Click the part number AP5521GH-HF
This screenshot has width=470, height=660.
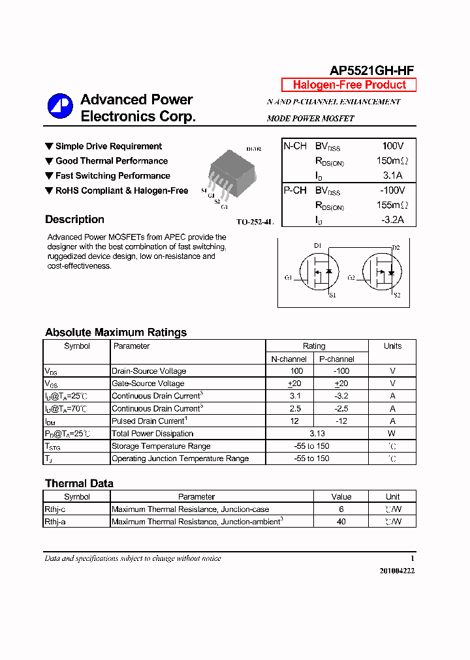click(371, 71)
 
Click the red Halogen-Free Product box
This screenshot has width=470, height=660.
click(349, 85)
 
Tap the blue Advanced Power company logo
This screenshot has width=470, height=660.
click(60, 107)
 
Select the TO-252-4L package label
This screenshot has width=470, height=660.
click(255, 222)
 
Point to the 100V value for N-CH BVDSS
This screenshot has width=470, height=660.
click(392, 146)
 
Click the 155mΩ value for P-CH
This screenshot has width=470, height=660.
click(392, 205)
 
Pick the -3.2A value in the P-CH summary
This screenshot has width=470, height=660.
click(392, 220)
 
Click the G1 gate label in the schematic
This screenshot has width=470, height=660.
click(288, 278)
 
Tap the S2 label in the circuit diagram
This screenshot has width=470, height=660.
click(396, 295)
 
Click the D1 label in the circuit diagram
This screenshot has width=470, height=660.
click(318, 246)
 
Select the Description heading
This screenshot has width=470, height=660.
click(74, 220)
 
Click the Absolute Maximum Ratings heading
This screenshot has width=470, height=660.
click(116, 333)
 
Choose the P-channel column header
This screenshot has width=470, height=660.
click(337, 359)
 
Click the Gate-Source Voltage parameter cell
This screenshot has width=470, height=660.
click(148, 383)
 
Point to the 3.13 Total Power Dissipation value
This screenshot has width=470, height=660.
click(316, 434)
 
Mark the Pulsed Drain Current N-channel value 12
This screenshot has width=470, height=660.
click(295, 421)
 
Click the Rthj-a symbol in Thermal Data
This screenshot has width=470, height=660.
click(55, 522)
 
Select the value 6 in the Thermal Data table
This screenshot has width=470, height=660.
click(341, 509)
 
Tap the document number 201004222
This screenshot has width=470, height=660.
click(397, 571)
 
